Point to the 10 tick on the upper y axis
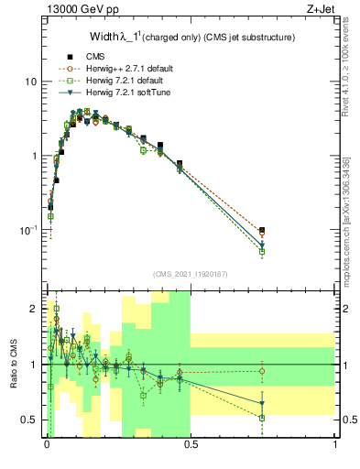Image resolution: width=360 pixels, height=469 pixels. coord(30,82)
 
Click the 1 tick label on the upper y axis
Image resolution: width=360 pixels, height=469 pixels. coord(33,156)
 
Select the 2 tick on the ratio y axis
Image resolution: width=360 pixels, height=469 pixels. coord(34,309)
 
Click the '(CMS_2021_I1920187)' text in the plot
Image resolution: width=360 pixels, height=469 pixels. coord(190,274)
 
